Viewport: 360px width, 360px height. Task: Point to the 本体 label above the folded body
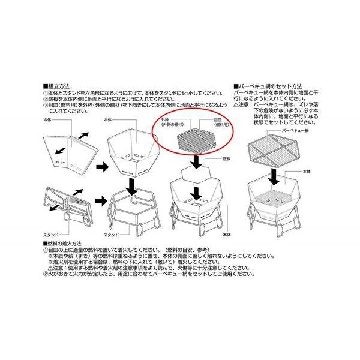[50, 120]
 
